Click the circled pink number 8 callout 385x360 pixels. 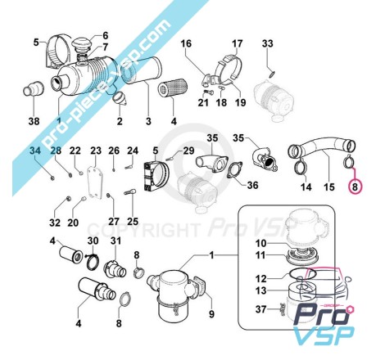[355, 187]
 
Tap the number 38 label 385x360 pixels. [34, 121]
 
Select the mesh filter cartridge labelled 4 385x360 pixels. [173, 88]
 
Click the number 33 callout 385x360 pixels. [267, 43]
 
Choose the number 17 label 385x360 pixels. [237, 43]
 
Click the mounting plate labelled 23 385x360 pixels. [95, 181]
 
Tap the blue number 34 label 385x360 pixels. [35, 151]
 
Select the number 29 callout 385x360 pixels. [188, 151]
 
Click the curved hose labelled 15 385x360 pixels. [322, 146]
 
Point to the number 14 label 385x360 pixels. [306, 187]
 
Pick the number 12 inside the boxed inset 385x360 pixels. [260, 279]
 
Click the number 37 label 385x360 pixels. [260, 309]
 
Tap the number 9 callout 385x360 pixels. [211, 314]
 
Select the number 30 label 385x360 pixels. [93, 241]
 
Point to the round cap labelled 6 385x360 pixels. [79, 43]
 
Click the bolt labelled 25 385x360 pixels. [130, 191]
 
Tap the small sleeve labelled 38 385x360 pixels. [34, 88]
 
